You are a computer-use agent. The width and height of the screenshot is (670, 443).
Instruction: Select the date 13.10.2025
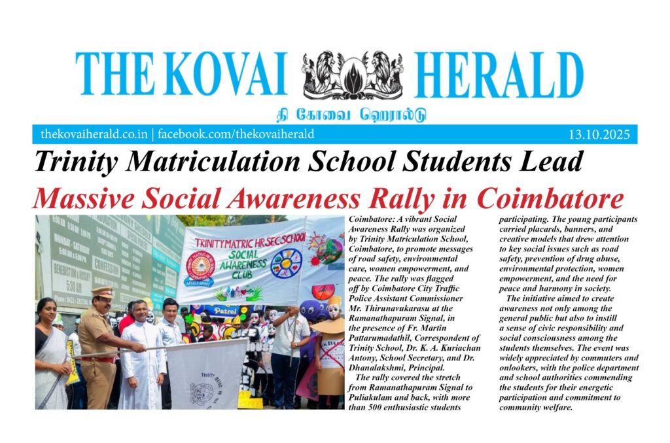pyautogui.click(x=599, y=135)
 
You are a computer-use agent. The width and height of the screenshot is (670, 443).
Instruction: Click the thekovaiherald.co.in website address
pyautogui.click(x=94, y=135)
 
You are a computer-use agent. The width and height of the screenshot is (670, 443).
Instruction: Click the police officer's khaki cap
pyautogui.click(x=103, y=292)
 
